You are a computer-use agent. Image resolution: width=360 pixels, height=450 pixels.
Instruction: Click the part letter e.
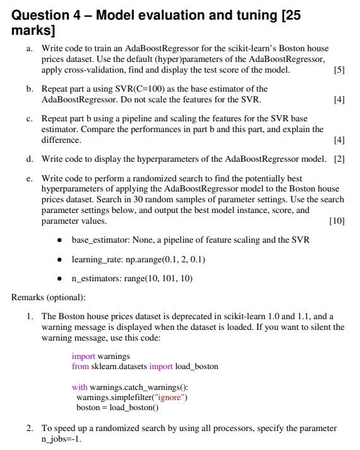[29, 179]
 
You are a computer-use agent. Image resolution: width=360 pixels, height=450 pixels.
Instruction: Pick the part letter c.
[29, 118]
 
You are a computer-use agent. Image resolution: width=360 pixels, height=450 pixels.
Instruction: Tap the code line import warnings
[100, 356]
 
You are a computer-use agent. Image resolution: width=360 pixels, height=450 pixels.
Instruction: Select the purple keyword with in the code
[79, 387]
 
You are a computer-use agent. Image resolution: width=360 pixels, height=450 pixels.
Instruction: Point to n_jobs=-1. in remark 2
[62, 439]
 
